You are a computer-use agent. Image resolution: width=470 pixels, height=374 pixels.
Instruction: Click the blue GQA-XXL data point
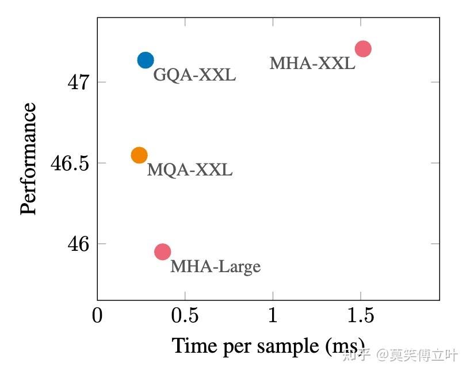point(146,60)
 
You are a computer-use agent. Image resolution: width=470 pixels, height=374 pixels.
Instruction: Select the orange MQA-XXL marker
point(139,155)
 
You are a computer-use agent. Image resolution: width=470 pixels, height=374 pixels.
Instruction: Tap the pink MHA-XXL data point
point(362,49)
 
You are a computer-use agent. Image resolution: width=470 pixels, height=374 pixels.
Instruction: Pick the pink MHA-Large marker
point(163,251)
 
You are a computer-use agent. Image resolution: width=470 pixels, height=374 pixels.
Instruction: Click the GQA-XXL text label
point(194,75)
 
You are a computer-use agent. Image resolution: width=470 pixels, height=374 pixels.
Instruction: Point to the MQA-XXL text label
point(190,170)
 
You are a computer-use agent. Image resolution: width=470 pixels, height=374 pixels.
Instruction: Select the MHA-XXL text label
point(312,63)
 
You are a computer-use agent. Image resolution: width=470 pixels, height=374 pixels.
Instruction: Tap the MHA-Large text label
point(215,267)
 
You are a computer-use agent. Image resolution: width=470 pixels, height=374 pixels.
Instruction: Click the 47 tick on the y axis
point(78,82)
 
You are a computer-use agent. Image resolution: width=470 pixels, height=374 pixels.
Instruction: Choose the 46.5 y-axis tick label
point(70,163)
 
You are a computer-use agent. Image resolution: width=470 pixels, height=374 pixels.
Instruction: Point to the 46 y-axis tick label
point(78,244)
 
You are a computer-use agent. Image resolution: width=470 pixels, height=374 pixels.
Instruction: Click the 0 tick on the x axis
point(97,316)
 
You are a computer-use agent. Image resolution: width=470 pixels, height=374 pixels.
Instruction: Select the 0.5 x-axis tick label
point(185,316)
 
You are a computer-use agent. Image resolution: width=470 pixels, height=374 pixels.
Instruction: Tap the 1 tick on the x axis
point(273,316)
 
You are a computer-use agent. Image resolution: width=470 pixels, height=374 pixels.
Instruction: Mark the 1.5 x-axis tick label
point(360,316)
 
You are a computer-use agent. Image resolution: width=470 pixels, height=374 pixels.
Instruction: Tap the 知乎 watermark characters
point(356,355)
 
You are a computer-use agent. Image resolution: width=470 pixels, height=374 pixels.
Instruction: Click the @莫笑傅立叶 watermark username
point(417,355)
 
